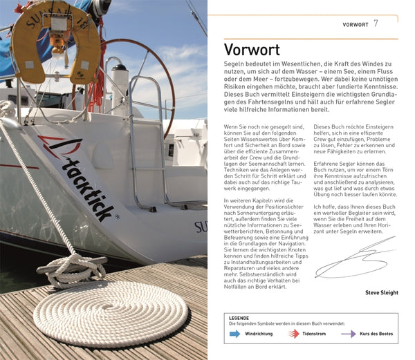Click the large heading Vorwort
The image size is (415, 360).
(252, 50)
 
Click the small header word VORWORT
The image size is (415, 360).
(356, 25)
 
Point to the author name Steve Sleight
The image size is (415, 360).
(382, 292)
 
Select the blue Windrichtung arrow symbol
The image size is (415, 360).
(234, 334)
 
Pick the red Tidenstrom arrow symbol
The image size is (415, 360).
(294, 334)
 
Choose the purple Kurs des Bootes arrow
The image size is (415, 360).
(349, 334)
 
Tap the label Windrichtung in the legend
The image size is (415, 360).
(259, 334)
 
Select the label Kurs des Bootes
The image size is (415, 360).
(377, 334)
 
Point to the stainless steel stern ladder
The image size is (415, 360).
(148, 138)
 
